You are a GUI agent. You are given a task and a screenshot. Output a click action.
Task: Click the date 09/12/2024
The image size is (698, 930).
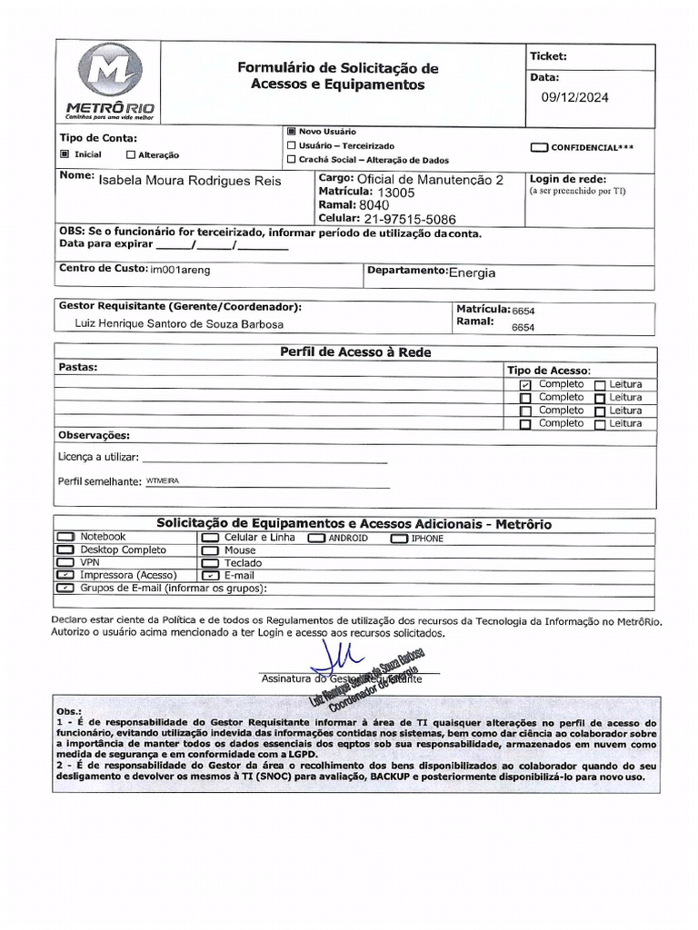click(x=575, y=98)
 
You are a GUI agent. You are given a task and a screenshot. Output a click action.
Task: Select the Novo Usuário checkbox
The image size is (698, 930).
click(x=291, y=131)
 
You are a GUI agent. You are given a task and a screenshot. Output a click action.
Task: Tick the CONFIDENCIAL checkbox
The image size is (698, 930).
click(x=539, y=147)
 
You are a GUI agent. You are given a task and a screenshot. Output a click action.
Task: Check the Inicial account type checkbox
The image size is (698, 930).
click(x=65, y=154)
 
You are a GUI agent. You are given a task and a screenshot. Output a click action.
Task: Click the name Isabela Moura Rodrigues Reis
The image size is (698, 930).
click(x=190, y=181)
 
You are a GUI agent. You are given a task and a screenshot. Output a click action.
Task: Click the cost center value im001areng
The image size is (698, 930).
click(x=180, y=270)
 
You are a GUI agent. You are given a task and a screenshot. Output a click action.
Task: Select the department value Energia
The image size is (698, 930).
click(x=473, y=272)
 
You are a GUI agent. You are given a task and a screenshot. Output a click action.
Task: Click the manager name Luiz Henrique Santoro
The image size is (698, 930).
click(x=179, y=324)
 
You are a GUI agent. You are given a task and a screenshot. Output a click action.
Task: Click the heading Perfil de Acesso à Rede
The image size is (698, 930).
click(x=354, y=352)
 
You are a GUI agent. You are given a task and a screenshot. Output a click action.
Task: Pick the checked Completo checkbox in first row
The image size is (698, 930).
click(x=525, y=385)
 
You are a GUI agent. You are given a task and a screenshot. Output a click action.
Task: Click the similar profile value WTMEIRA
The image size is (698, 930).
click(x=165, y=480)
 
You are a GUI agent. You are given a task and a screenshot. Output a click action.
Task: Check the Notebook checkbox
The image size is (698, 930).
click(x=65, y=538)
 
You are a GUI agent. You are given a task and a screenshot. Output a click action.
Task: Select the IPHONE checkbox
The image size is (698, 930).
click(x=400, y=539)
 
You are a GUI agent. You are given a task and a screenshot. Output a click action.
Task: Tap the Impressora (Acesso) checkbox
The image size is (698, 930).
click(x=65, y=576)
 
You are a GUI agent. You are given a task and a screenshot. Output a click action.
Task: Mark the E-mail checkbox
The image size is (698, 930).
click(x=210, y=576)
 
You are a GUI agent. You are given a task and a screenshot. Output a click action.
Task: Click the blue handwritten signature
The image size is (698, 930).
click(x=336, y=655)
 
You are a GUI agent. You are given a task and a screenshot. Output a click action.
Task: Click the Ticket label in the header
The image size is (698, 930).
click(x=548, y=56)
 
